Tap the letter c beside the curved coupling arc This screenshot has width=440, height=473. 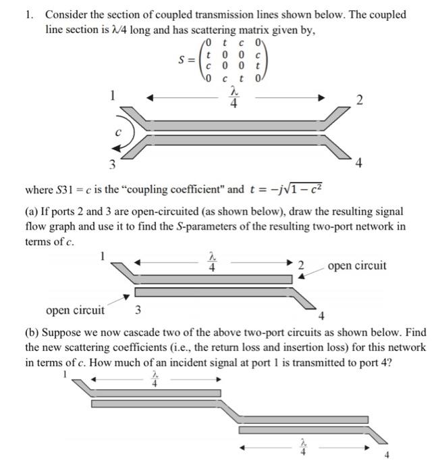[x=117, y=133]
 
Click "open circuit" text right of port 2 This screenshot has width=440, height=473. [x=357, y=266]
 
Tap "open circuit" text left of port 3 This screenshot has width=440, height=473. [x=75, y=310]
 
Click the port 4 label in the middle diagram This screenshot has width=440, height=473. [x=322, y=316]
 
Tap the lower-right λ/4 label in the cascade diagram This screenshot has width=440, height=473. [x=302, y=447]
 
